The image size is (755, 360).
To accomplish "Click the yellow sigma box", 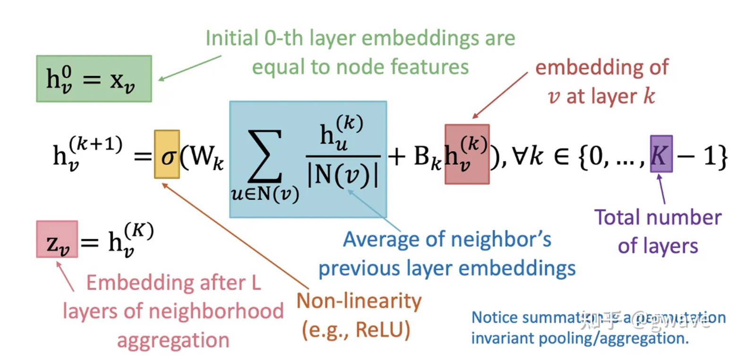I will (167, 154).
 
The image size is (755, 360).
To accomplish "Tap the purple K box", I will (661, 154).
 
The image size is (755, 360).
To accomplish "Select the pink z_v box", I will (57, 240).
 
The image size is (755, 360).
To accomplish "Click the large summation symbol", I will (265, 156).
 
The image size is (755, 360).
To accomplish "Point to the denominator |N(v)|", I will (343, 175).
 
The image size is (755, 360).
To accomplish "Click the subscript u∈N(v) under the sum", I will (265, 194).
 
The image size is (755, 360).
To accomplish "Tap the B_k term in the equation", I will (427, 156).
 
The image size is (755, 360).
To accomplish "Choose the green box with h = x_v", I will (94, 79).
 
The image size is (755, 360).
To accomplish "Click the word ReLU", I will (382, 330).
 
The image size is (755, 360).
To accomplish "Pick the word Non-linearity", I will (359, 301).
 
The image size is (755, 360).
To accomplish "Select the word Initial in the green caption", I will (232, 38).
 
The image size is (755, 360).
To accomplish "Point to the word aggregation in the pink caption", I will (173, 341).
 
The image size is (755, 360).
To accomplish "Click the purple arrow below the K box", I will (661, 188).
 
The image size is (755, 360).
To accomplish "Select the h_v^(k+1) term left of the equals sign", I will (87, 152).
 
